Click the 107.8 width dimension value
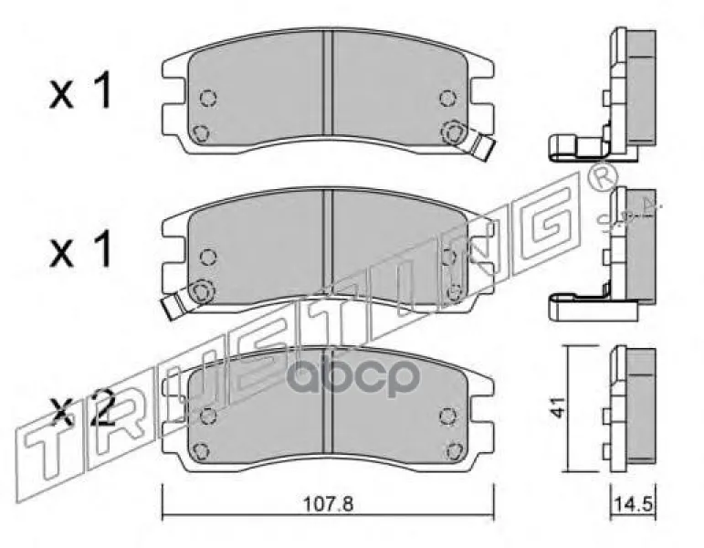(329, 504)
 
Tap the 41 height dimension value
(559, 408)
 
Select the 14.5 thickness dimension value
(633, 504)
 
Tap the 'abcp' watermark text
(352, 377)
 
